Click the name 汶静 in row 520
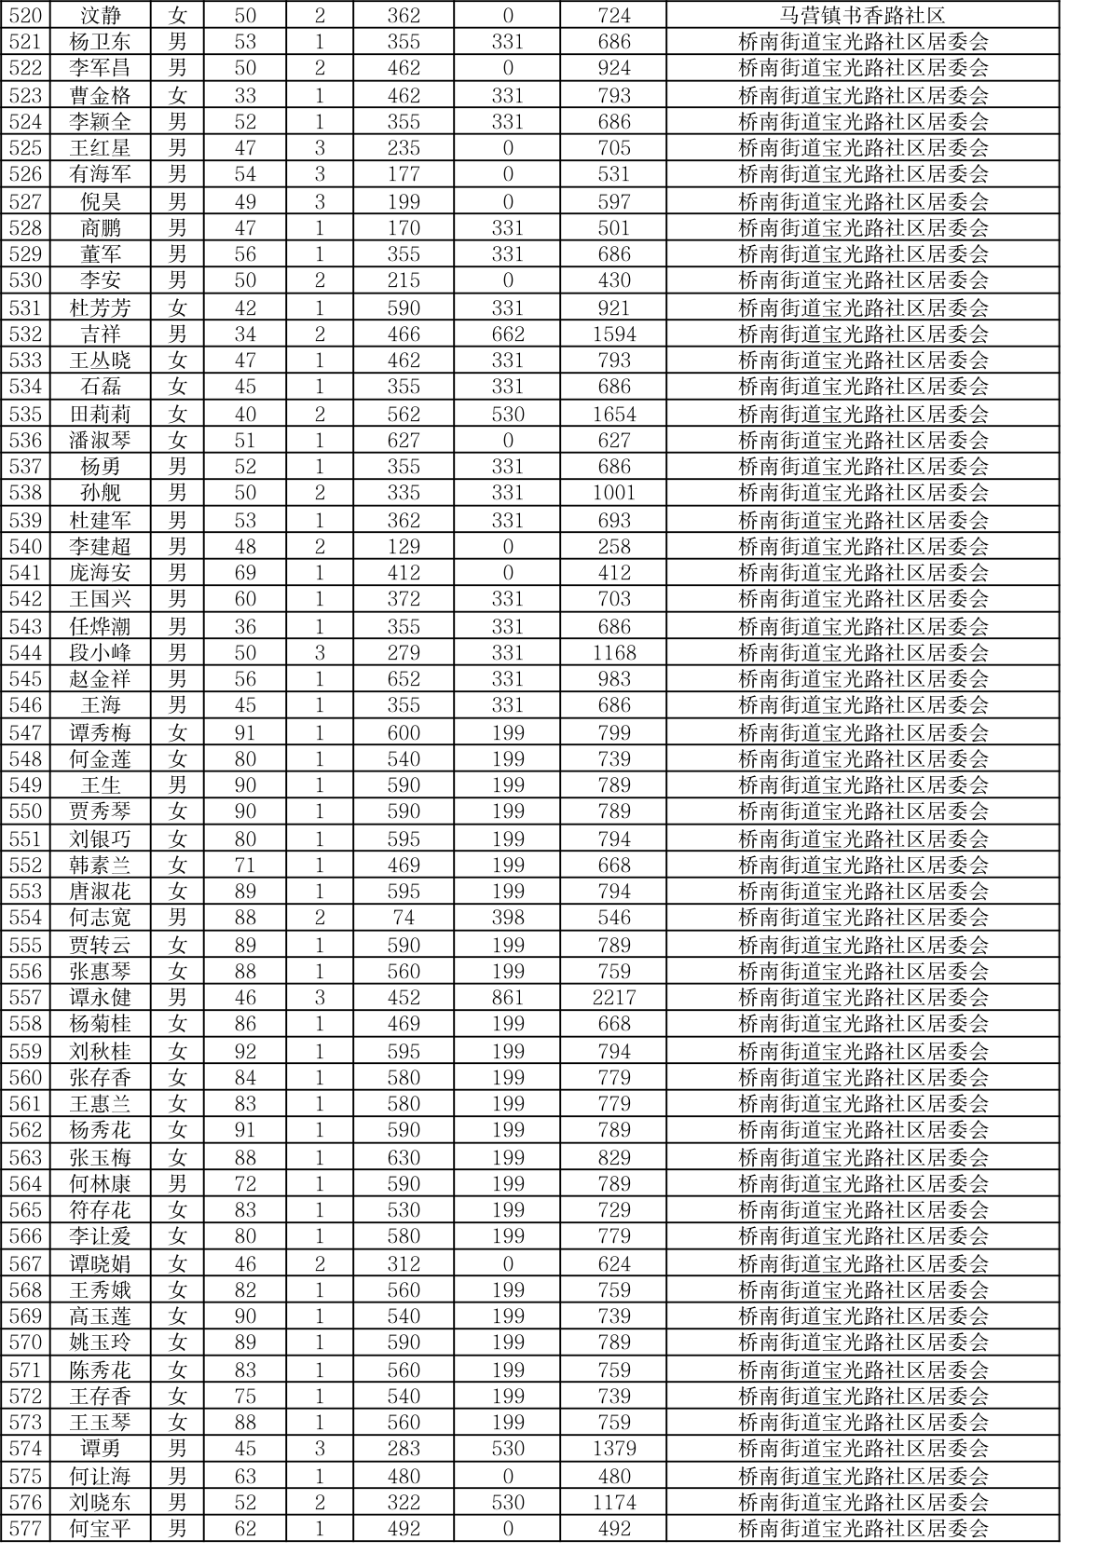(101, 15)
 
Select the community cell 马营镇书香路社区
(862, 15)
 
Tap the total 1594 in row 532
(614, 334)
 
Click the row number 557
(25, 997)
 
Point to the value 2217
(614, 997)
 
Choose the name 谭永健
(101, 997)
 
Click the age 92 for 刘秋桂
(244, 1051)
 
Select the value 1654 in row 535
(614, 414)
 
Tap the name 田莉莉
(101, 414)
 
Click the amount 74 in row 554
(404, 917)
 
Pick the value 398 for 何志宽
(508, 917)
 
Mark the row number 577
(25, 1528)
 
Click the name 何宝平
(101, 1528)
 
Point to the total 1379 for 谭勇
(614, 1448)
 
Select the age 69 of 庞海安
(244, 572)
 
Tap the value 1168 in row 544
(614, 652)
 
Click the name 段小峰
(101, 652)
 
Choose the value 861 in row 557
(508, 997)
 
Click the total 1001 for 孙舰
(614, 492)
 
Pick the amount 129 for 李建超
(404, 546)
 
